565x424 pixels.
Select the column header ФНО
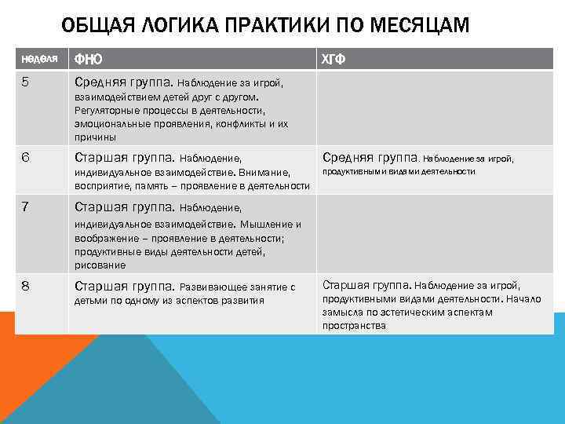click(87, 60)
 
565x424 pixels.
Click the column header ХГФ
click(334, 60)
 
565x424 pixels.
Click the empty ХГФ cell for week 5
click(434, 108)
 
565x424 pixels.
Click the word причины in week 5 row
click(95, 136)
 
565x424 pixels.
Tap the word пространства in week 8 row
click(354, 325)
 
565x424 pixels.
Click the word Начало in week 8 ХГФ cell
click(523, 299)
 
